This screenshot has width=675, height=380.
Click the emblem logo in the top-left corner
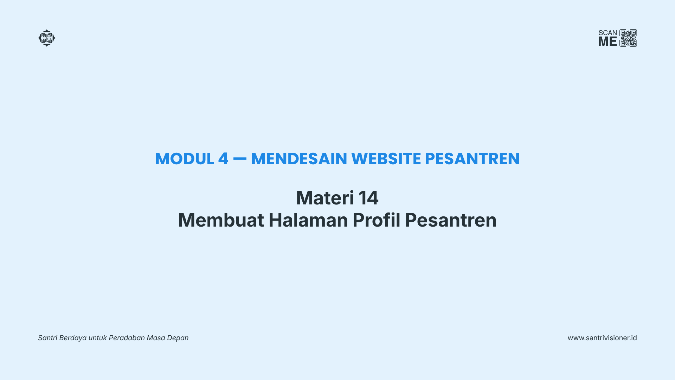pos(47,38)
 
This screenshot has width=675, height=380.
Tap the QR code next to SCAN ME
pos(628,38)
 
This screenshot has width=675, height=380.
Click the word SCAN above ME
pos(608,33)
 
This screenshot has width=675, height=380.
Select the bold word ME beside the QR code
pos(608,42)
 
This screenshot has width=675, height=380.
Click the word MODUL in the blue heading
pos(185,159)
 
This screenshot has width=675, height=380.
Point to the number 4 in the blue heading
pos(223,159)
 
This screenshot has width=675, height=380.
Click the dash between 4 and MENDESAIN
pos(240,159)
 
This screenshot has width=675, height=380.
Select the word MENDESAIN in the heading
pos(299,159)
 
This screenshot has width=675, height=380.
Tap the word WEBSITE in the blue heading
pos(386,159)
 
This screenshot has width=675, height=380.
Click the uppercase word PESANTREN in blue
pos(472,159)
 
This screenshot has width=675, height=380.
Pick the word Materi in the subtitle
pos(325,198)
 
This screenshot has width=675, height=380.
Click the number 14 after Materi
pos(368,198)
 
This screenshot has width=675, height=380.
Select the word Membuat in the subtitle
pos(221,220)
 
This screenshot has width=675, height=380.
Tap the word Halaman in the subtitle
pos(308,220)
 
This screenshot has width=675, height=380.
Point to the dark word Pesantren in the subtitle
pos(451,220)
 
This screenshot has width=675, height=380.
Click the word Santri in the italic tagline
pos(47,338)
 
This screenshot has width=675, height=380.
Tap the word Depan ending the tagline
pos(178,338)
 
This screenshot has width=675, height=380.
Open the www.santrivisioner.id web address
pos(602,338)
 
